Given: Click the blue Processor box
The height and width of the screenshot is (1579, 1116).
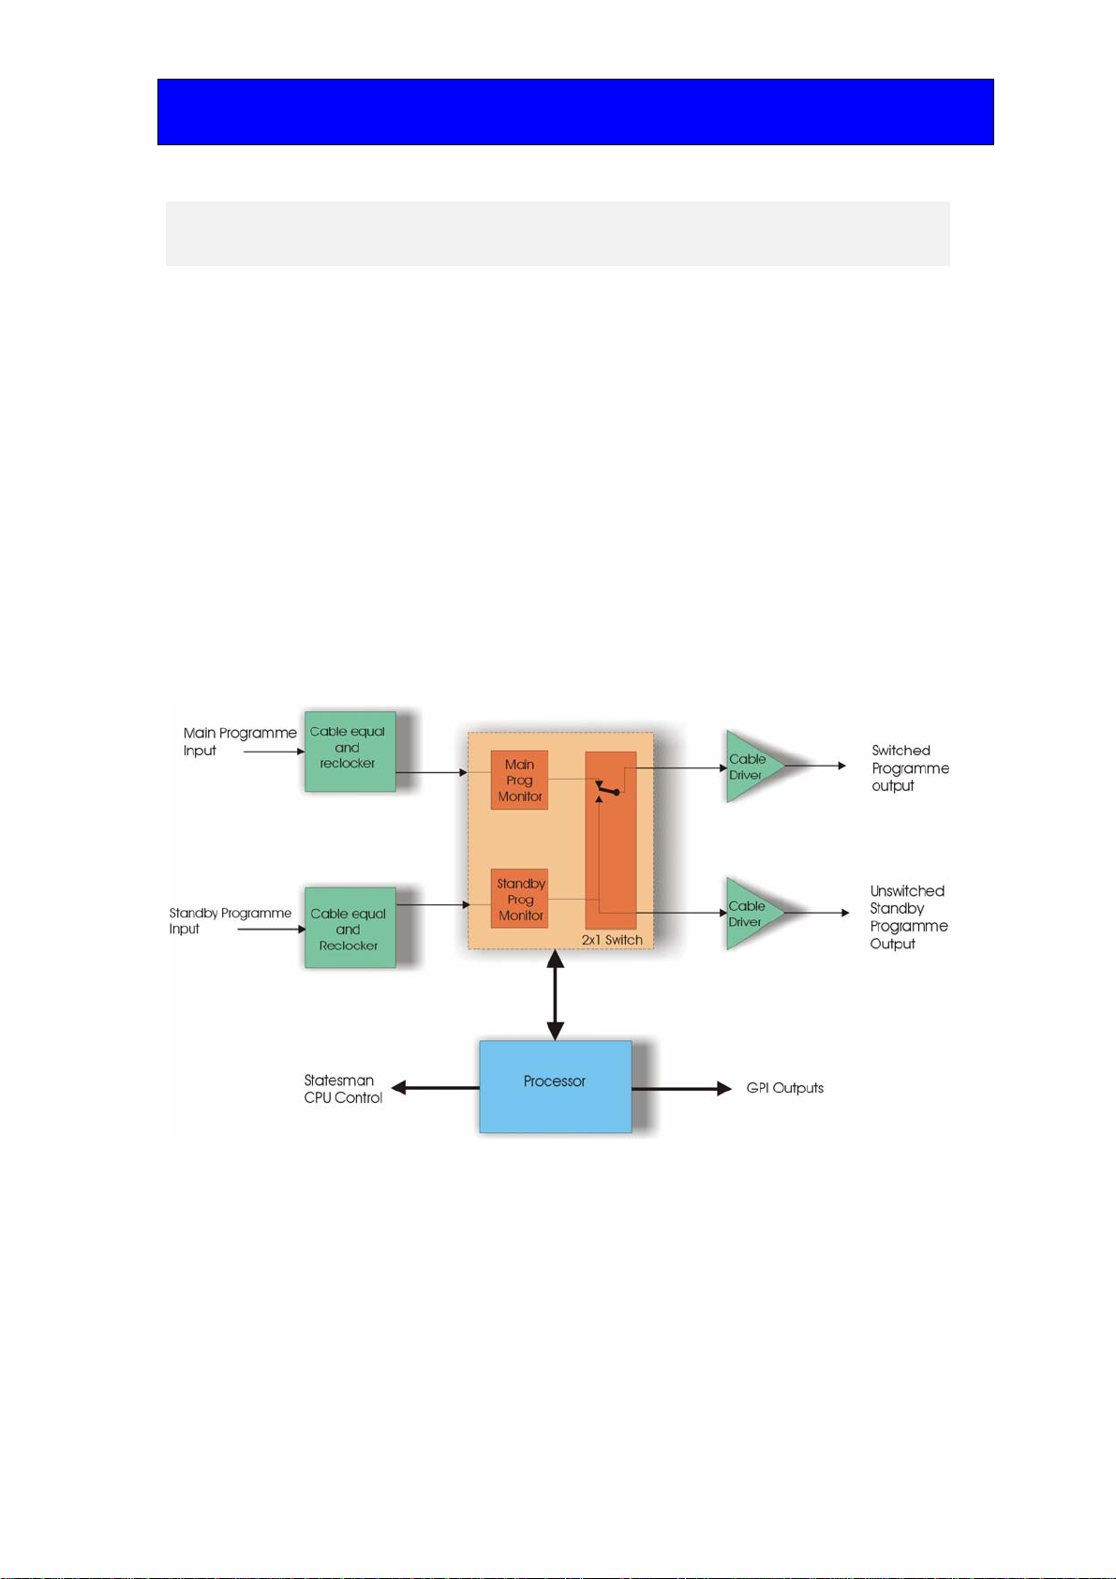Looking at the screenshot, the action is click(555, 1086).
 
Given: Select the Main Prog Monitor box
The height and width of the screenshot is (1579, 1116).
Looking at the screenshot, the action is click(519, 780).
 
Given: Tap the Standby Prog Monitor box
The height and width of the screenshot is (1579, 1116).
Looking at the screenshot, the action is click(519, 899).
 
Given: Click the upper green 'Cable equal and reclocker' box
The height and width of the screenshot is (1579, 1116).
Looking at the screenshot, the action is click(350, 752).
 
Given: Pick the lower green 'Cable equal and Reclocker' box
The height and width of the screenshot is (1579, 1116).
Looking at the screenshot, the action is click(350, 928).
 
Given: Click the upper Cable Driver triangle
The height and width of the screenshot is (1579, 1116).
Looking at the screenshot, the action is click(751, 767).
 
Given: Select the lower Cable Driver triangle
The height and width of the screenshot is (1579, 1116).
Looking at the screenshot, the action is click(751, 914).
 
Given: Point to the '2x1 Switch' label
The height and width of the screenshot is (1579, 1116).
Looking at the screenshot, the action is click(612, 940).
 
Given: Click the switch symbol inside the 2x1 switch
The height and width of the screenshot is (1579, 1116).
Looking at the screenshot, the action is click(607, 789).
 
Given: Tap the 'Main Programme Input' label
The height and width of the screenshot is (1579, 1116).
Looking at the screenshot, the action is click(240, 741).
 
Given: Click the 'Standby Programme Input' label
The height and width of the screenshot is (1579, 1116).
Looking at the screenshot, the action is click(230, 920).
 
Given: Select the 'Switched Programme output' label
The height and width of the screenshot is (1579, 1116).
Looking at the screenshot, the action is click(910, 767).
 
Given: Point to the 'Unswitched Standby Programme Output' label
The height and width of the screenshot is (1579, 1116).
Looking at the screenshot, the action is click(909, 917).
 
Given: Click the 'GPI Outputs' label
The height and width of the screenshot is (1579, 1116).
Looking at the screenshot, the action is click(784, 1088).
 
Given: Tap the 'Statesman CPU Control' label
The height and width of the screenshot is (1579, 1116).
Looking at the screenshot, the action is click(343, 1088).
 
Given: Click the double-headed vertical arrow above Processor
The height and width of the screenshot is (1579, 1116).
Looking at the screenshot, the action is click(556, 994).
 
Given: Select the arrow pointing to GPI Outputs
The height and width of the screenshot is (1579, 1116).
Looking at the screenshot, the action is click(682, 1089).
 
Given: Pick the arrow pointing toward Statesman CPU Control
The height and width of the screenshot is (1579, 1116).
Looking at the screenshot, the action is click(435, 1088).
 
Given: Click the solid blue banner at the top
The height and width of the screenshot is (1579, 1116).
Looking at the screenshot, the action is click(575, 112).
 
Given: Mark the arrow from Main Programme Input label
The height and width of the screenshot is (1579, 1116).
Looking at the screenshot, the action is click(275, 752).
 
